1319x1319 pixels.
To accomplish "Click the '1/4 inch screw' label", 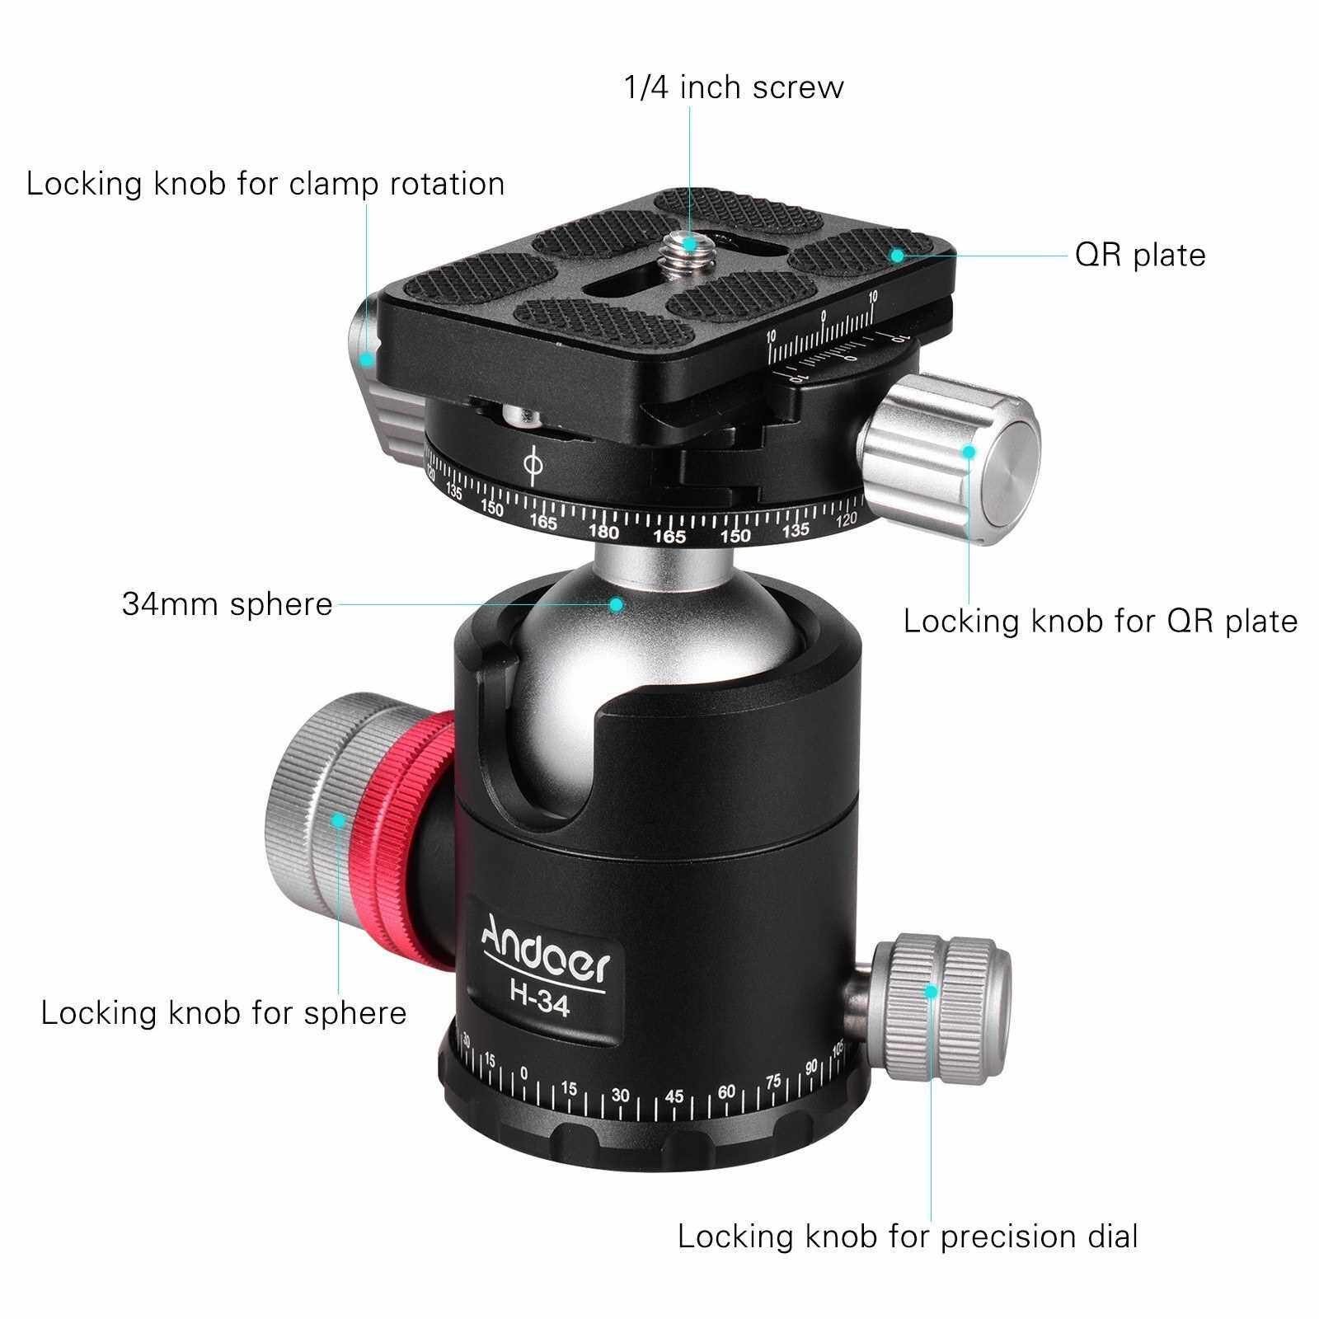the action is click(734, 87).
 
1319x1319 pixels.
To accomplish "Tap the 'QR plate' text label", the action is click(1140, 255).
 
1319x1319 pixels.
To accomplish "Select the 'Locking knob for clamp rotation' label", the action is click(265, 184).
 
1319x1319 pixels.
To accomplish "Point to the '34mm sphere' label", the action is click(228, 604).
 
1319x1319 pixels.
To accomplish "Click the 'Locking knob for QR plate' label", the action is click(1101, 621).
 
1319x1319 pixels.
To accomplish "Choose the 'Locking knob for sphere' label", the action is click(224, 1013).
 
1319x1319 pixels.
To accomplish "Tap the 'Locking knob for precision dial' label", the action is click(908, 1237).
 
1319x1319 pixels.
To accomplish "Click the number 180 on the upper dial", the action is click(604, 532).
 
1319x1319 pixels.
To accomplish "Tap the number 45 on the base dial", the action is click(674, 1096).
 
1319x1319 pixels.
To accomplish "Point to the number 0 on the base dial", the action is click(524, 1073).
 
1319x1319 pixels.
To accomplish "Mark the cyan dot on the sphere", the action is click(616, 604).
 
